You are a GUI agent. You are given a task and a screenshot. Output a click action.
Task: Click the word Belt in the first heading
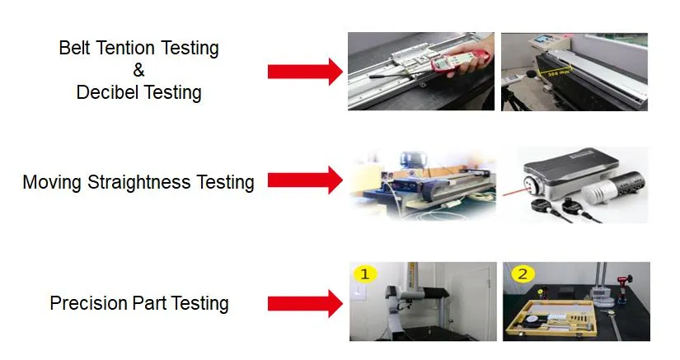(74, 48)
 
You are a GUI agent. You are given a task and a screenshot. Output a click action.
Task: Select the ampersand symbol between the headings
(138, 70)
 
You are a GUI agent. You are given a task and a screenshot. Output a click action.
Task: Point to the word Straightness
(138, 182)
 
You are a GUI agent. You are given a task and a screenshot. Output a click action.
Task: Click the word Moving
(52, 182)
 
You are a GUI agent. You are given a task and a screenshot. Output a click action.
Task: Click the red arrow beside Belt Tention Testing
(305, 72)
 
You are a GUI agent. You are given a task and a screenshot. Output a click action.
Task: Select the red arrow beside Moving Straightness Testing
(305, 180)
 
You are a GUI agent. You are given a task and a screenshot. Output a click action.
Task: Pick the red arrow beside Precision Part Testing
(305, 304)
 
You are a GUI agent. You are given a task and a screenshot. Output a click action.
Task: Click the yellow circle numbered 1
(364, 274)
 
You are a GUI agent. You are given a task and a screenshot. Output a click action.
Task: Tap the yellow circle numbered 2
(523, 274)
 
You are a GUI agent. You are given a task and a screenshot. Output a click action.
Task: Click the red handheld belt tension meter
(459, 61)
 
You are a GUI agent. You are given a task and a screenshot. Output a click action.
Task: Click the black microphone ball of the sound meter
(530, 73)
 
